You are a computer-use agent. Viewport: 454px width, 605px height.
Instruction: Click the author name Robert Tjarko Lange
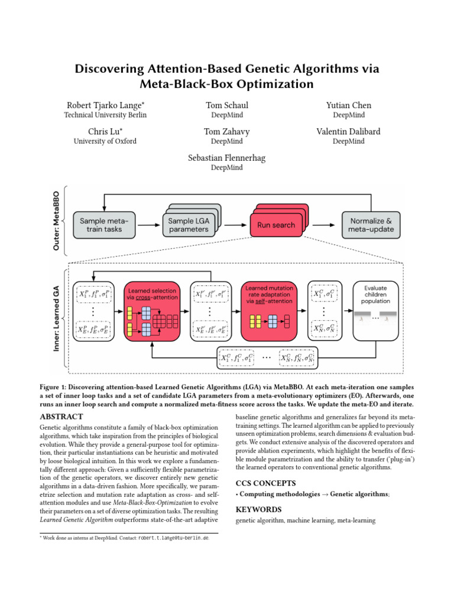point(105,105)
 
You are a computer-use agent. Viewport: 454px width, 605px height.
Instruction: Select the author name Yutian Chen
point(348,105)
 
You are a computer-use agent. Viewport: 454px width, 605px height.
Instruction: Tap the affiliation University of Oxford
point(105,141)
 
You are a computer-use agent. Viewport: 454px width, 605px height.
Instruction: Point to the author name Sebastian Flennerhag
point(227,158)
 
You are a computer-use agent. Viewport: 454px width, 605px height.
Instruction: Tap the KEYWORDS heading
point(258,509)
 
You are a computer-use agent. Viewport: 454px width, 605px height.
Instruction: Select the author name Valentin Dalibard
point(348,132)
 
